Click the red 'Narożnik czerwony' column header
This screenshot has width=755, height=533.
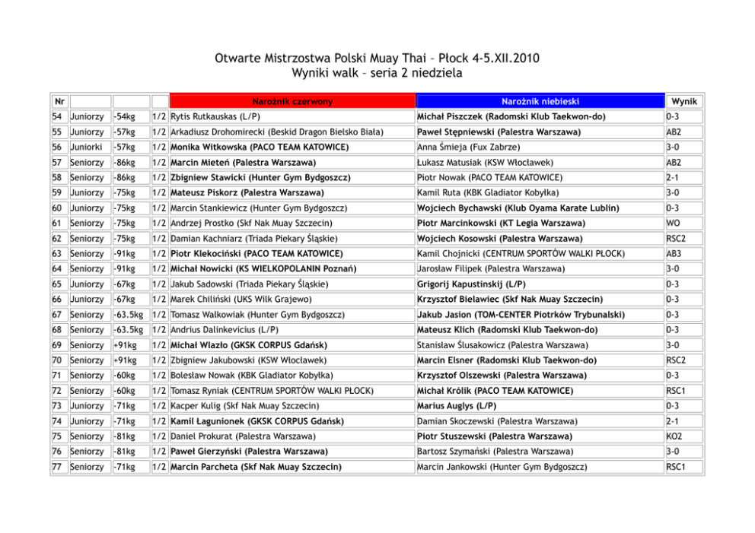(292, 101)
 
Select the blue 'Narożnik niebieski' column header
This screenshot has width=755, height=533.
(540, 101)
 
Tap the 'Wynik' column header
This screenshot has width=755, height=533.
(683, 101)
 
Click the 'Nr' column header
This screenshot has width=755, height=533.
(58, 101)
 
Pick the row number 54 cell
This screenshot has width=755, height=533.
(57, 117)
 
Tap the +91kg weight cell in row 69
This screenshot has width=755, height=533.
(123, 345)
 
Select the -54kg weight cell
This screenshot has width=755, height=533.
(123, 117)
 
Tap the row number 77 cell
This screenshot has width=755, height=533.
(57, 467)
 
